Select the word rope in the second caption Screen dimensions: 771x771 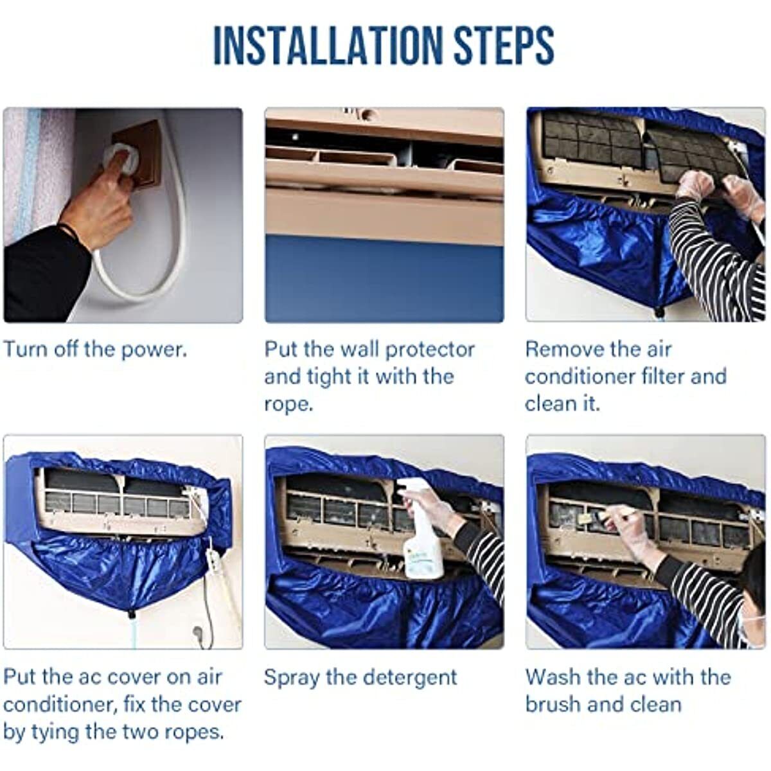(x=288, y=405)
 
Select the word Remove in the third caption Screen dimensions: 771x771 (x=560, y=350)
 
